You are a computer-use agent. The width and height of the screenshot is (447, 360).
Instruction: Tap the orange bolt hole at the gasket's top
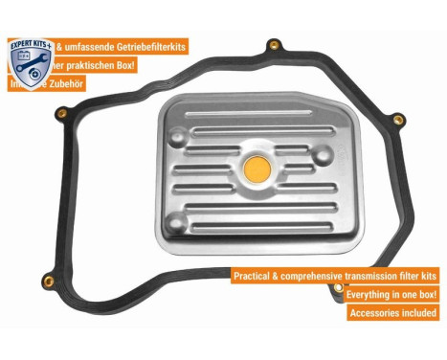point(273,45)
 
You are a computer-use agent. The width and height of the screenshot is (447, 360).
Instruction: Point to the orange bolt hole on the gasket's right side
point(397,121)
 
